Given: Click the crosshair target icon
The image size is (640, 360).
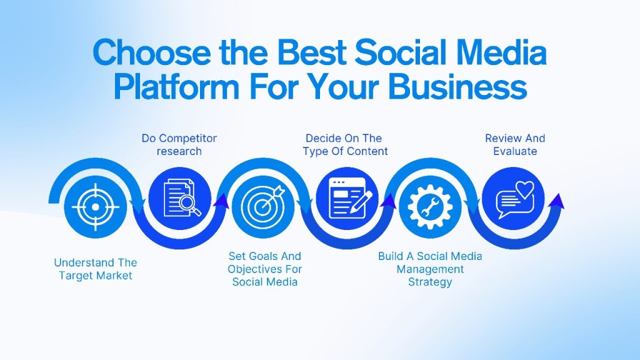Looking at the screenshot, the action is (x=96, y=207).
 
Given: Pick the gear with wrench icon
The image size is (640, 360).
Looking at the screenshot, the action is (x=430, y=206).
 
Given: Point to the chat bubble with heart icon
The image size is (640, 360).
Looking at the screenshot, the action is (x=515, y=200).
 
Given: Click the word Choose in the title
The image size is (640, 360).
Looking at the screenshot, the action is (x=152, y=52).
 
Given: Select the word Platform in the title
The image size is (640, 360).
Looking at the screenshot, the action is (x=176, y=86).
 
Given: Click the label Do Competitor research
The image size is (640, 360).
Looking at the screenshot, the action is (x=179, y=144).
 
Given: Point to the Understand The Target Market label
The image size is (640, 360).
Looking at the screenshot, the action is (x=96, y=269).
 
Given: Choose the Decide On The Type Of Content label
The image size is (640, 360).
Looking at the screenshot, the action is (x=345, y=144).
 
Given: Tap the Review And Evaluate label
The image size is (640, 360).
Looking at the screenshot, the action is (x=515, y=144).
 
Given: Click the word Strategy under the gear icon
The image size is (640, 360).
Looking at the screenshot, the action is (x=430, y=282).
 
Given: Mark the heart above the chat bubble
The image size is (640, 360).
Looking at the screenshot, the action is (x=524, y=188).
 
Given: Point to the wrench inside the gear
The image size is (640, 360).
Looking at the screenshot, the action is (x=430, y=206).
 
